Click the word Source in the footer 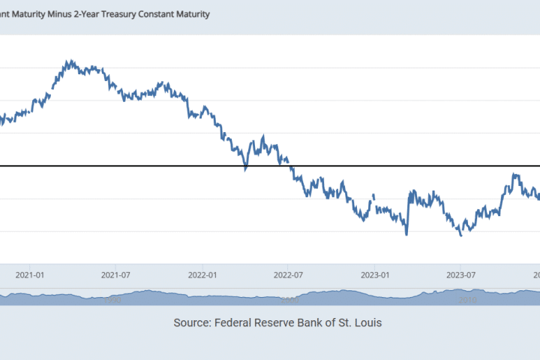tap(191, 322)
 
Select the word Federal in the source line tap(240, 322)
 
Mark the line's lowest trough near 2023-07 tap(460, 235)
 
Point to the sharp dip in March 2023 tap(406, 235)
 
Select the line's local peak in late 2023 tap(515, 174)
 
